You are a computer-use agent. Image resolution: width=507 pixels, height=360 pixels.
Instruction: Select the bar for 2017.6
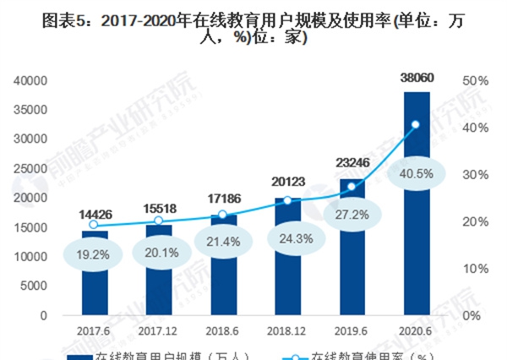tap(95, 279)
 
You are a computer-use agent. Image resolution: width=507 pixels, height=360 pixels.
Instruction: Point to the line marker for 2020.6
tap(415, 125)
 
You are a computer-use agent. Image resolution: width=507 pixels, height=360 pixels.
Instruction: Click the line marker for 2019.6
tap(352, 187)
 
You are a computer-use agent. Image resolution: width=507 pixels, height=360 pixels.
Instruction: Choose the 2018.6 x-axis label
tap(223, 332)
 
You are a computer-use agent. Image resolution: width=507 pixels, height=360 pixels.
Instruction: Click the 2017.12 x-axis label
tap(159, 332)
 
